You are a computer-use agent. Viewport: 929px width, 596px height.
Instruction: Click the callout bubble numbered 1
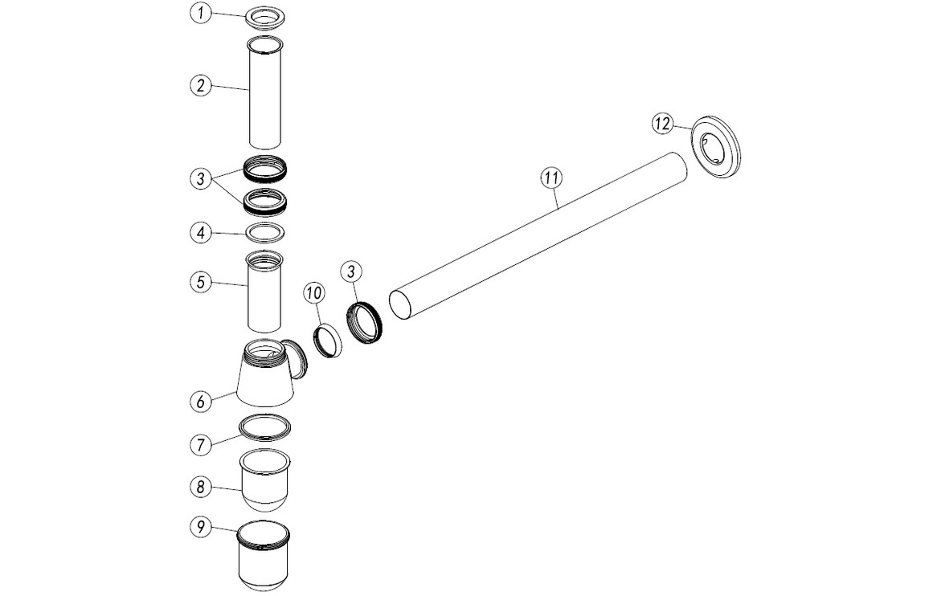pyautogui.click(x=201, y=14)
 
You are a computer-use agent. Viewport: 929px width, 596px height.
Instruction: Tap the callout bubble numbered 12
pyautogui.click(x=662, y=124)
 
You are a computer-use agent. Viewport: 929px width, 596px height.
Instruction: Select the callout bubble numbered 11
pyautogui.click(x=550, y=178)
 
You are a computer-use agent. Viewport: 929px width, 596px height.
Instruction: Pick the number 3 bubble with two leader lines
pyautogui.click(x=201, y=178)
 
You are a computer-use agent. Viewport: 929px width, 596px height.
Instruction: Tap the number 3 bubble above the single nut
pyautogui.click(x=350, y=271)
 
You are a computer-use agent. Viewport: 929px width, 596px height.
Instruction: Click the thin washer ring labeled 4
pyautogui.click(x=264, y=233)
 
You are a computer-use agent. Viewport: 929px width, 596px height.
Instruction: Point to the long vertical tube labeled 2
pyautogui.click(x=264, y=95)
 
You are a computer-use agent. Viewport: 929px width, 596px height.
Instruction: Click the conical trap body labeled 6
pyautogui.click(x=265, y=378)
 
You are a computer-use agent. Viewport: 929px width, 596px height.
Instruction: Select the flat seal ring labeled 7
pyautogui.click(x=264, y=427)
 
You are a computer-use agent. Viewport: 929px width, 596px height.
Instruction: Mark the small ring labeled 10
pyautogui.click(x=327, y=340)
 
